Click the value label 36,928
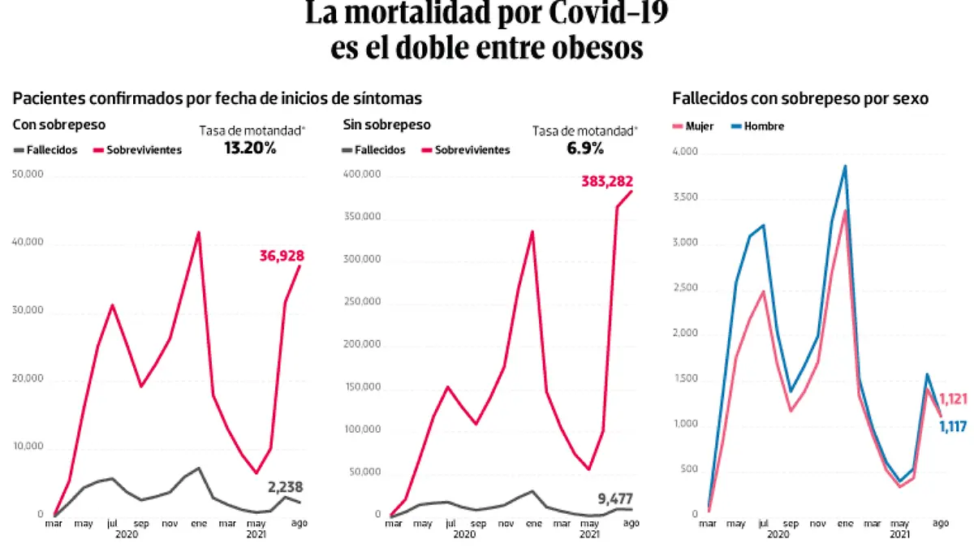[280, 257]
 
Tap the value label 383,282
[606, 182]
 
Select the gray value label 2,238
[287, 487]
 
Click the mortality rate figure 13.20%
[250, 148]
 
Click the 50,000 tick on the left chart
[28, 175]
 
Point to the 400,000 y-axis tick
[362, 175]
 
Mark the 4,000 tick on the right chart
[685, 153]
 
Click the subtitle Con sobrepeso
[58, 124]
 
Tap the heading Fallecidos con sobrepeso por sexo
[800, 98]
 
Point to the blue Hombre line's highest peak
[845, 166]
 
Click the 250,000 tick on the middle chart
[362, 302]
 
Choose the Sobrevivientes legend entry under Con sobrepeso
[138, 149]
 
